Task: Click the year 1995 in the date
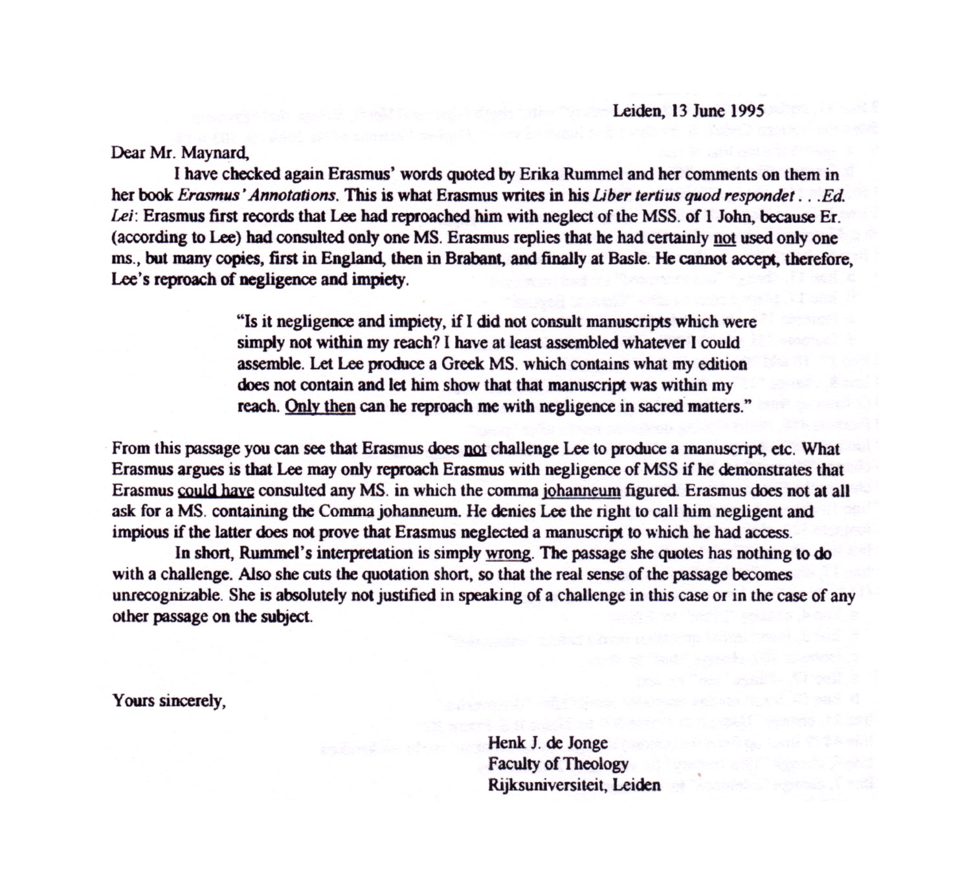click(x=747, y=110)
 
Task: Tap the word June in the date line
click(x=709, y=110)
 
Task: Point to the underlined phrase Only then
click(x=320, y=407)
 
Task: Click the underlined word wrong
click(x=509, y=554)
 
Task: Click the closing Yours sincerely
click(x=169, y=701)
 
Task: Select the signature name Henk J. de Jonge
click(x=548, y=743)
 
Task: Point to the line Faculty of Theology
click(x=558, y=764)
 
